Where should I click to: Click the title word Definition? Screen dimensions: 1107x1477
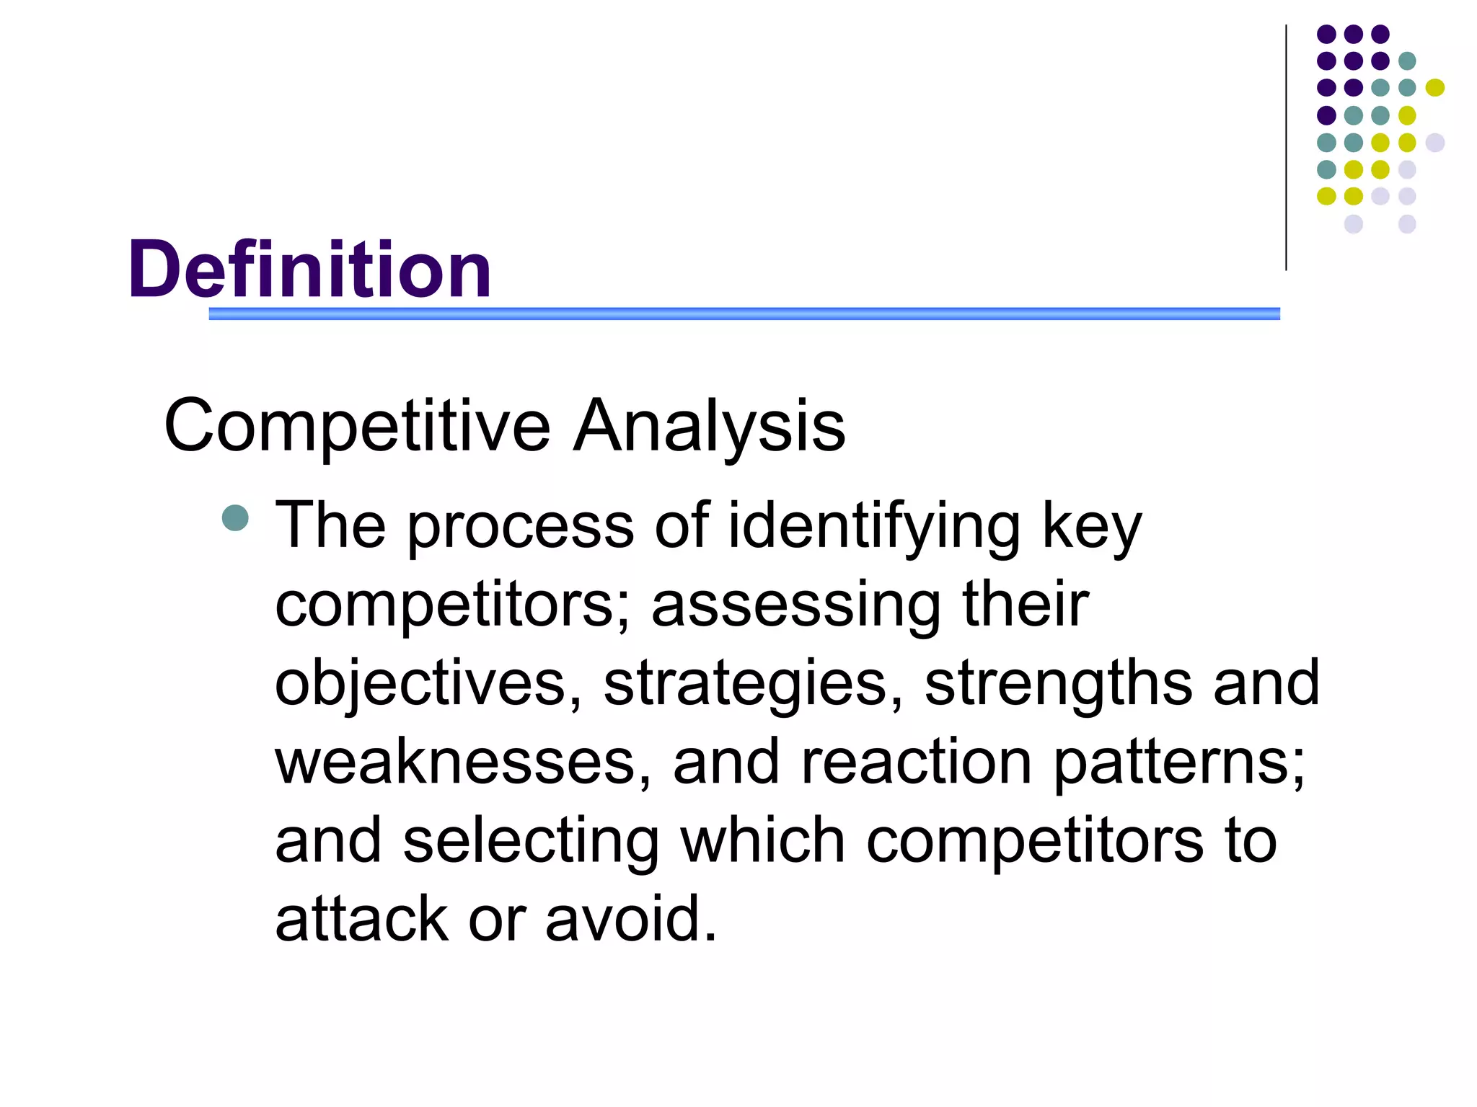[310, 270]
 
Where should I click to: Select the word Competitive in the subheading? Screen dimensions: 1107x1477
[357, 427]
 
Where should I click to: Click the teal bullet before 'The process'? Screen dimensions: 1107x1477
[235, 517]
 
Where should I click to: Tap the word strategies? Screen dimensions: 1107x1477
[753, 685]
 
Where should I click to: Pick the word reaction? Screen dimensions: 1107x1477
[916, 763]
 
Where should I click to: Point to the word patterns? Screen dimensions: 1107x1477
[1178, 763]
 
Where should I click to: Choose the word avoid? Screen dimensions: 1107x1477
[631, 920]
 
